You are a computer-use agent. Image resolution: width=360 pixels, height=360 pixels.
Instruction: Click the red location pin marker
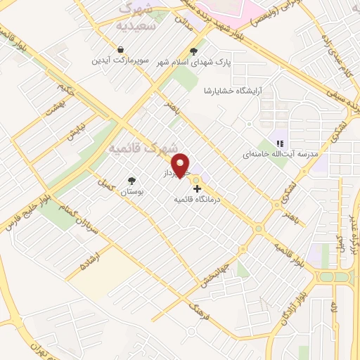pos(181,165)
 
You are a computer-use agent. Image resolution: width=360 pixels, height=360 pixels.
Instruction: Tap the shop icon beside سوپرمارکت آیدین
pos(122,50)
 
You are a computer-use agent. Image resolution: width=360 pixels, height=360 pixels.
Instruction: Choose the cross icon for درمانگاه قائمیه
pos(196,188)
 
